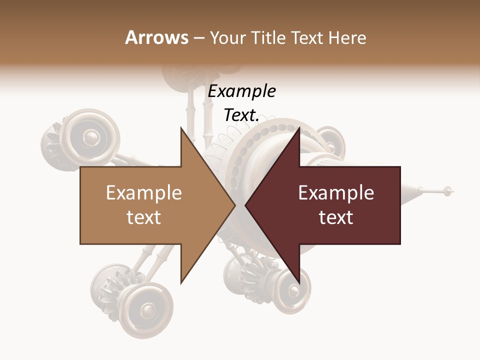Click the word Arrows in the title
tap(157, 37)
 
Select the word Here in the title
tap(347, 37)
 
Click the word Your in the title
tap(227, 38)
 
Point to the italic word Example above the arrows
tap(242, 91)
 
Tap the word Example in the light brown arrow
tap(144, 193)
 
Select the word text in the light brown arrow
tap(144, 217)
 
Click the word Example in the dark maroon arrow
tap(336, 193)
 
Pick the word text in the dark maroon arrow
tap(336, 217)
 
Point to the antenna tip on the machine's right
tap(448, 190)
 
